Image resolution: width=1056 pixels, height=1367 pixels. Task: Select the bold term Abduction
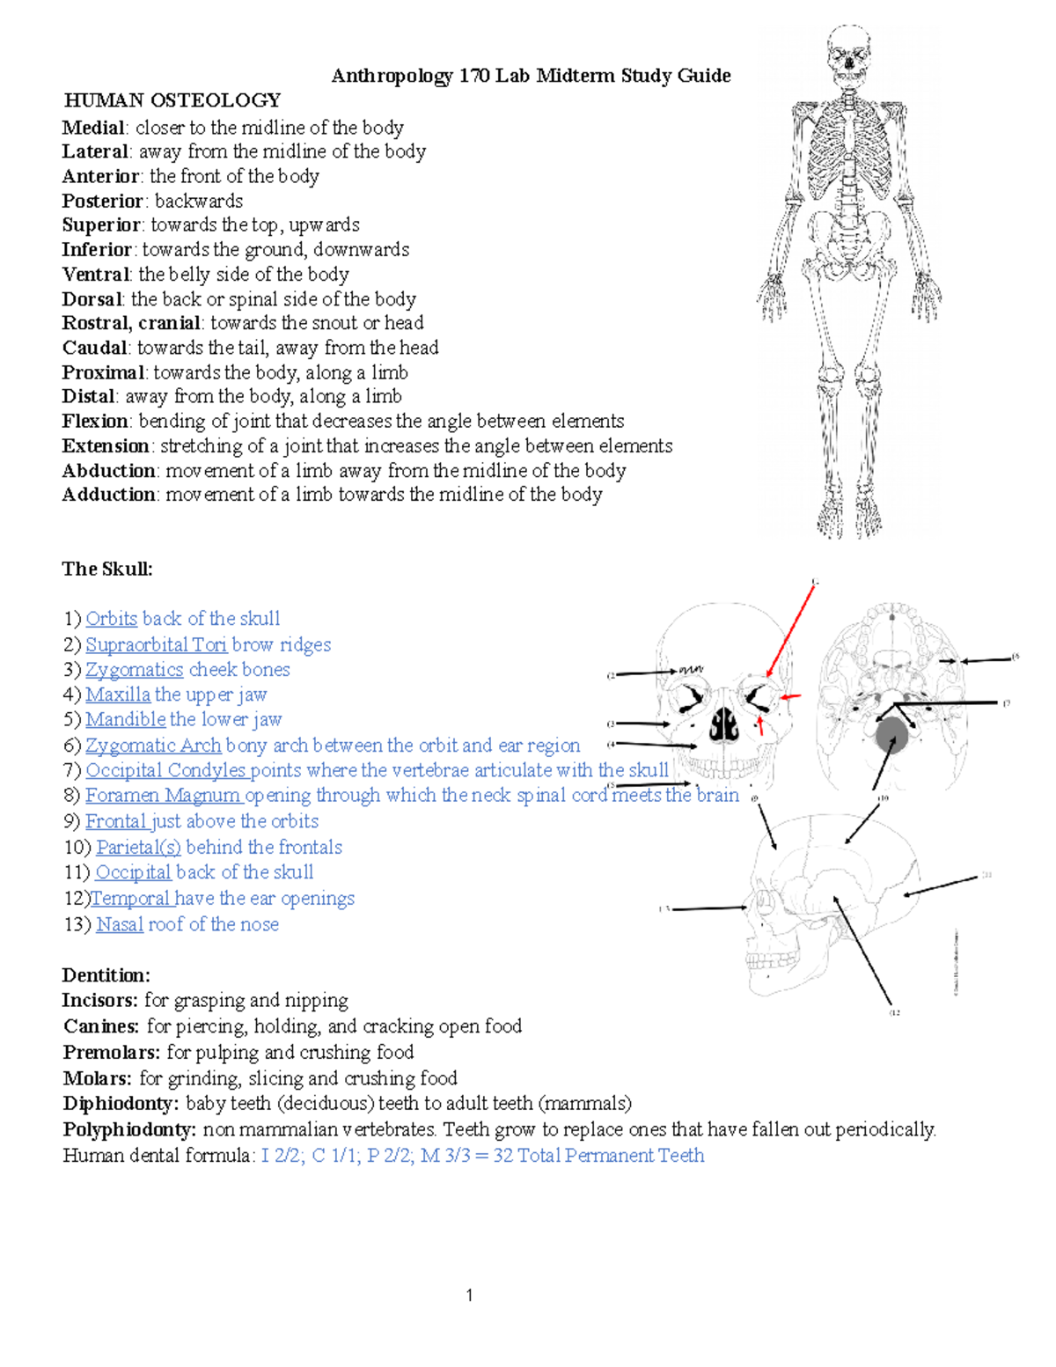point(108,470)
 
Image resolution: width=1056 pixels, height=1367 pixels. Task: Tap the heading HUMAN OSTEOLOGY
point(172,100)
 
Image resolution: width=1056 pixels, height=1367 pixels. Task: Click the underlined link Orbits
point(111,619)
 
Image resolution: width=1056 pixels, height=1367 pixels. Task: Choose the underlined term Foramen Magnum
point(163,796)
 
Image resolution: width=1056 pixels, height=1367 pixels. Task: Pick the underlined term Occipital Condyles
point(166,770)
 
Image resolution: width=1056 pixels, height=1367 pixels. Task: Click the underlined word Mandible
point(125,719)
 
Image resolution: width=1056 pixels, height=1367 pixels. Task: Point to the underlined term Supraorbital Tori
point(156,645)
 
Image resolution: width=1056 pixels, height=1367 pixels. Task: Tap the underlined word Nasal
point(120,924)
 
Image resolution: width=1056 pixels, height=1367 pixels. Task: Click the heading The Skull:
point(107,569)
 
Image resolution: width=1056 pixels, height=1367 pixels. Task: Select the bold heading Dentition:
point(106,975)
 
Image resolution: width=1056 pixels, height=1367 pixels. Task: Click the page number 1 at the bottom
point(469,1295)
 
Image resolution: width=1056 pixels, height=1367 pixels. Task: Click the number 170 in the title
point(473,76)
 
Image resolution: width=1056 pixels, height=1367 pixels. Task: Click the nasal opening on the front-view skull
point(723,724)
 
